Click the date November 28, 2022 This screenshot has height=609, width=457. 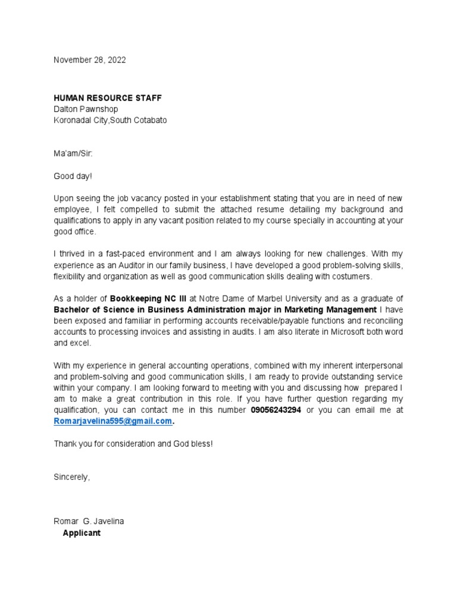(90, 60)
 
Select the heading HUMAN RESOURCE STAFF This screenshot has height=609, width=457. (107, 98)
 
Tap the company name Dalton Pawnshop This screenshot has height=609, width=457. (86, 109)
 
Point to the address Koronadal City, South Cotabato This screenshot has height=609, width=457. (110, 120)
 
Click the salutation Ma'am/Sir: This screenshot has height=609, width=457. (73, 154)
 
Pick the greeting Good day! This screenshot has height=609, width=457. (73, 176)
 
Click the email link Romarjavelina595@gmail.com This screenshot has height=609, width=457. (113, 421)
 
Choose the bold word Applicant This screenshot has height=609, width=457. (82, 533)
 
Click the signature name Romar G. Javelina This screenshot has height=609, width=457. (89, 522)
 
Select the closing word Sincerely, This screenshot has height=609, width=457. (72, 477)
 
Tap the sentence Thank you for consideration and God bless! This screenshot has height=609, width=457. (133, 444)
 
